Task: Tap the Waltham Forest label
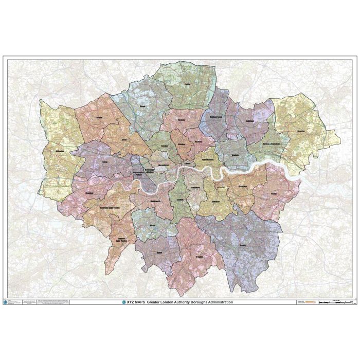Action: point(219,117)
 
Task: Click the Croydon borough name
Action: point(200,256)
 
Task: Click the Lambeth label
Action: point(181,200)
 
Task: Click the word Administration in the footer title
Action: point(215,302)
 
